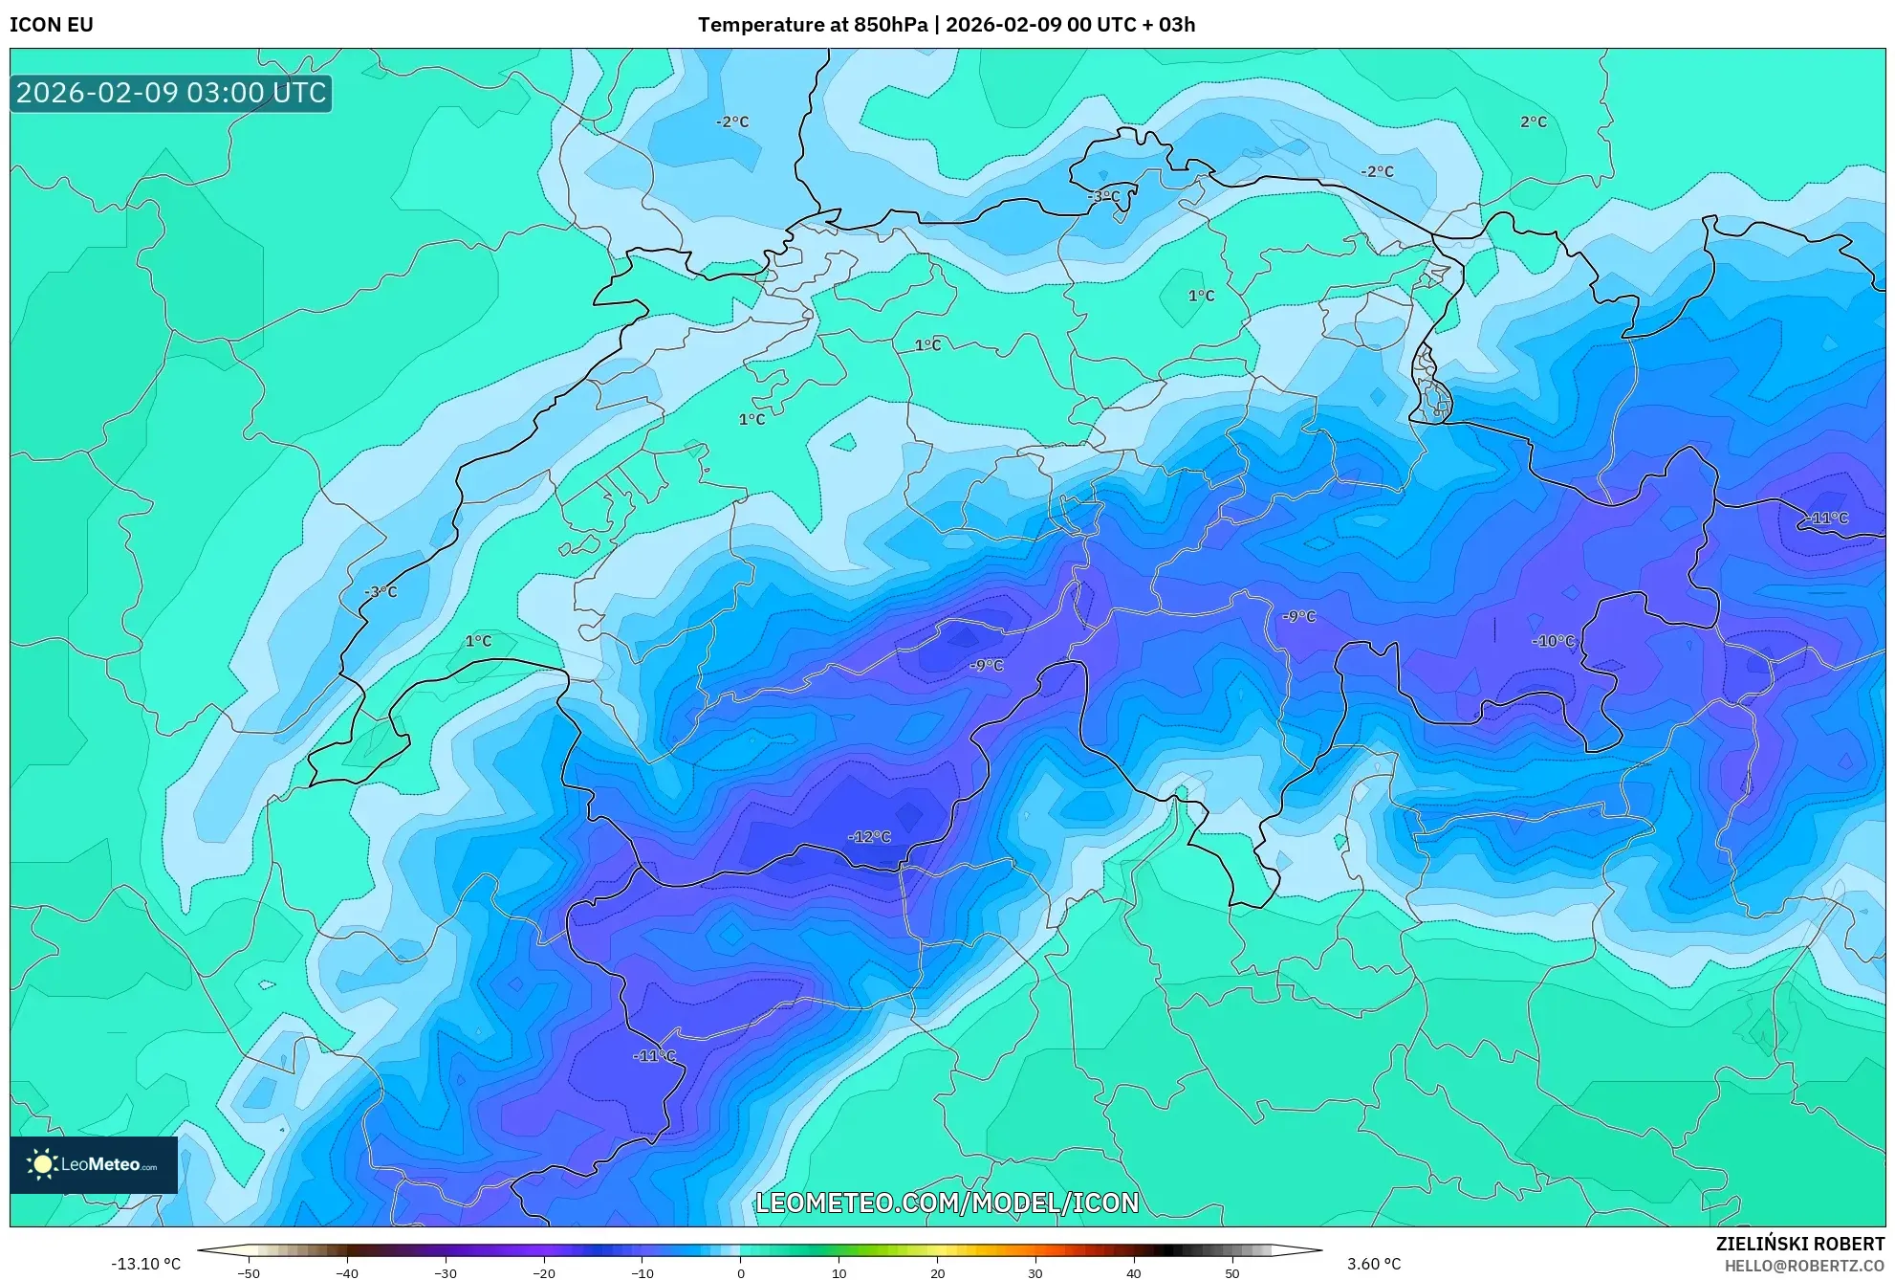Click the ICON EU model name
pyautogui.click(x=52, y=25)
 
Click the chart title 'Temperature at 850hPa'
pyautogui.click(x=812, y=25)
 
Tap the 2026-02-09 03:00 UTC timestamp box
pyautogui.click(x=171, y=93)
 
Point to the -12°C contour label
pyautogui.click(x=869, y=837)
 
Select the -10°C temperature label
pyautogui.click(x=1553, y=641)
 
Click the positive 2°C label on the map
pyautogui.click(x=1533, y=121)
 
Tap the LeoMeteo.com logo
pyautogui.click(x=94, y=1164)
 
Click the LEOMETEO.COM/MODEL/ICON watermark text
pyautogui.click(x=947, y=1203)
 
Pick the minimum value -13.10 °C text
pyautogui.click(x=145, y=1264)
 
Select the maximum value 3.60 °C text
pyautogui.click(x=1374, y=1264)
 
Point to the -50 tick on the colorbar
pyautogui.click(x=249, y=1273)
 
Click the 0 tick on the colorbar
pyautogui.click(x=740, y=1273)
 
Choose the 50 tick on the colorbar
pyautogui.click(x=1232, y=1273)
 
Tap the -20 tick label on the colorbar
pyautogui.click(x=543, y=1273)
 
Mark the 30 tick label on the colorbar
pyautogui.click(x=1035, y=1273)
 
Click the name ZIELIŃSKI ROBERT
pyautogui.click(x=1800, y=1244)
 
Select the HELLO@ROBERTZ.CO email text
pyautogui.click(x=1804, y=1266)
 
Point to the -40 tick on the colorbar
pyautogui.click(x=347, y=1273)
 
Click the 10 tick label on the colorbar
pyautogui.click(x=839, y=1273)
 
